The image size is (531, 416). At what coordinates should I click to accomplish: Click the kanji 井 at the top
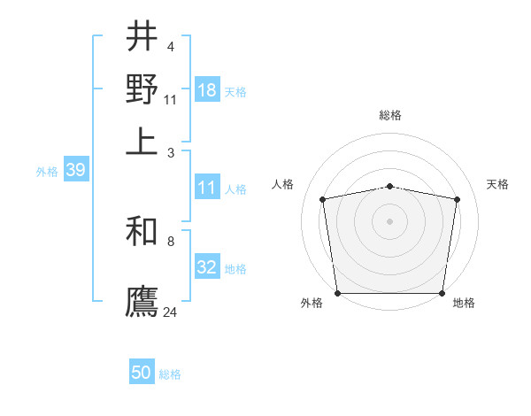tap(142, 37)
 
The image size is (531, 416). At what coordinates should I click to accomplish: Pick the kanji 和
tap(142, 232)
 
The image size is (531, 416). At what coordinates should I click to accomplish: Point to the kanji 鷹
tap(142, 299)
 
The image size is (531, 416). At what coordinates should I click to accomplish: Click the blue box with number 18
tap(207, 90)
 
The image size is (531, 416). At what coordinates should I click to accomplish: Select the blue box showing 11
tap(207, 188)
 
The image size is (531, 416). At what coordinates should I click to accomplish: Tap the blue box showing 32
tap(207, 267)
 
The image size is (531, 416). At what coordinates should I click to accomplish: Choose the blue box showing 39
tap(75, 171)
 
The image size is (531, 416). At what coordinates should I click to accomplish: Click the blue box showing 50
tap(142, 374)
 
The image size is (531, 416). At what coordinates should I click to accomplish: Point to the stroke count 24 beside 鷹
tap(171, 312)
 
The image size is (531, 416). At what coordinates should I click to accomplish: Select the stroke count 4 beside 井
tap(171, 45)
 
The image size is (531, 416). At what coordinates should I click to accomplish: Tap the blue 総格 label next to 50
tap(170, 374)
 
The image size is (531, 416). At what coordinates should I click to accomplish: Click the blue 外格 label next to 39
tap(47, 172)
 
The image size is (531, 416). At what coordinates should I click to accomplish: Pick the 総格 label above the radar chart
tap(390, 116)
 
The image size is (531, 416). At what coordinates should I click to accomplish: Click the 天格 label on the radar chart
tap(498, 184)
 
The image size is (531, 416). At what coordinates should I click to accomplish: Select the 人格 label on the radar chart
tap(283, 184)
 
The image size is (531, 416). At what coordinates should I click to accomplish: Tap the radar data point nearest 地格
tap(442, 293)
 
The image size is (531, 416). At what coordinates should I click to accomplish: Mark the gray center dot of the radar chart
tap(390, 220)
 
